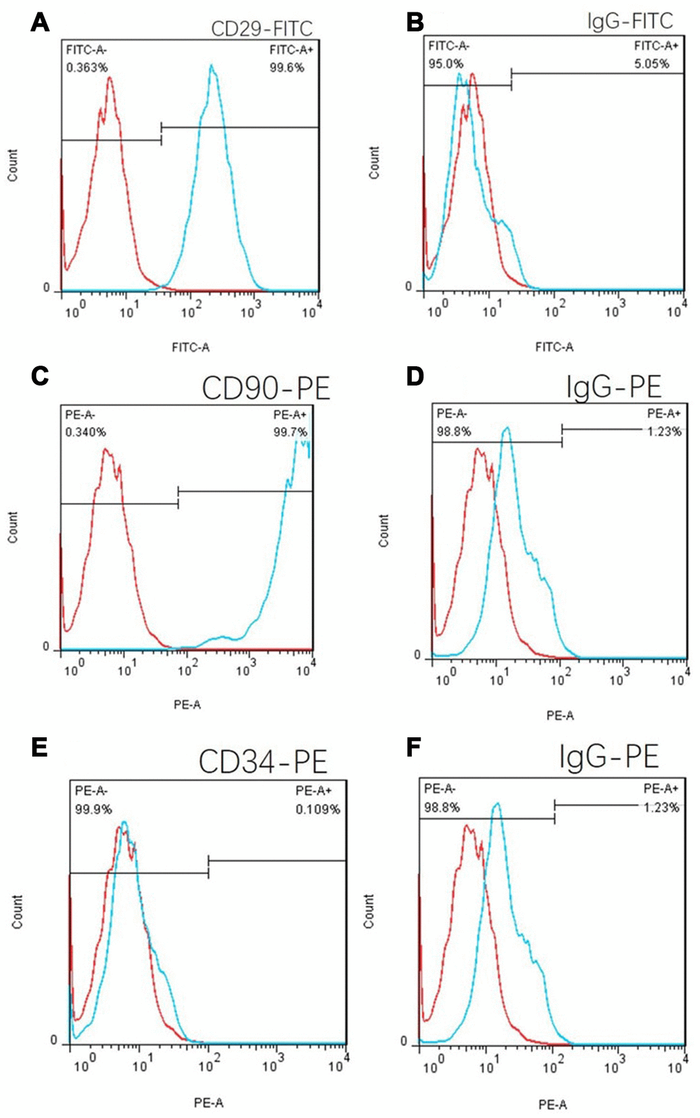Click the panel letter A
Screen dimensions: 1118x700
pos(40,23)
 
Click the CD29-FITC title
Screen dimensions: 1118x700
pos(261,29)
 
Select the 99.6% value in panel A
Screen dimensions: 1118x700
pos(287,67)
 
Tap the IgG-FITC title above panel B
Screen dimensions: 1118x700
pos(630,21)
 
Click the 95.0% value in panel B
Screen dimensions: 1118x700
pos(446,64)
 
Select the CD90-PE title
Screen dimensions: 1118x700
pos(266,388)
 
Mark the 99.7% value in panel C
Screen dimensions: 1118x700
pos(290,432)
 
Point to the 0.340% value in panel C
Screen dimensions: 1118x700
pos(86,432)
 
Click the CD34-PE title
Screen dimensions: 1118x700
pos(263,761)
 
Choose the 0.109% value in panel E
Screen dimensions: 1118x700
pos(318,809)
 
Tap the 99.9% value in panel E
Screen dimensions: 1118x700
pos(93,809)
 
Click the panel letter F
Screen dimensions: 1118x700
pos(413,746)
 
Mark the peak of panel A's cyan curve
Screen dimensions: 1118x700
pos(212,66)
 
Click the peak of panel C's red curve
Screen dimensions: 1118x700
pos(105,449)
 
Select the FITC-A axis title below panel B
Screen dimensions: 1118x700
pos(554,347)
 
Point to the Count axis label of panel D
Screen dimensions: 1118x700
pos(384,530)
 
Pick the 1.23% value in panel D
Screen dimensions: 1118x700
pos(663,431)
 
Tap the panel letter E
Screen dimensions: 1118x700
pos(40,746)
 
